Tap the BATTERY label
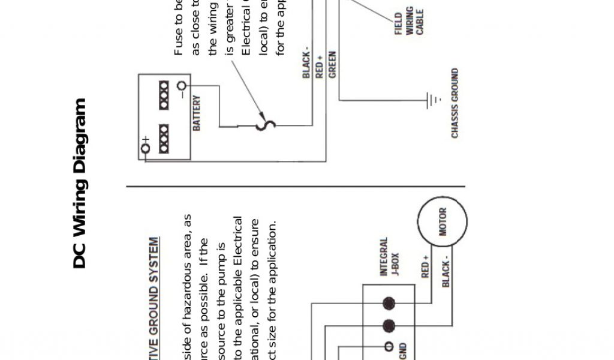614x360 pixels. coord(197,112)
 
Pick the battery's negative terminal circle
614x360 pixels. coord(182,88)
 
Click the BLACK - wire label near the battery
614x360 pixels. coord(306,65)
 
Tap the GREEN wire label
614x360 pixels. coord(332,65)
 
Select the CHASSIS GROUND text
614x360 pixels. coord(455,103)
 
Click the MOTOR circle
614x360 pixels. coord(443,223)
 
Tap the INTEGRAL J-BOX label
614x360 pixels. coord(389,257)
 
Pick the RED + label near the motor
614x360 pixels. coord(425,266)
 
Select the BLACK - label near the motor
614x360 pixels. coord(446,274)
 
